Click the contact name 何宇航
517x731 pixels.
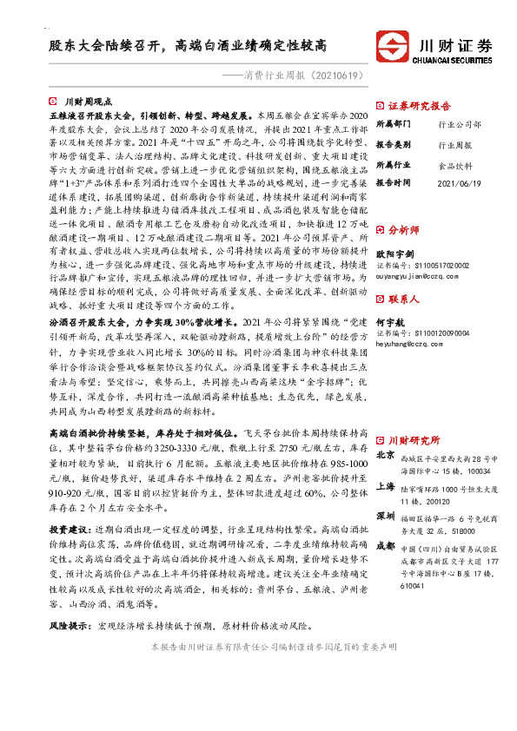point(390,321)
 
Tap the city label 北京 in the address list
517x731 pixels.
point(384,454)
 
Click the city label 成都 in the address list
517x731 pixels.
point(384,546)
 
